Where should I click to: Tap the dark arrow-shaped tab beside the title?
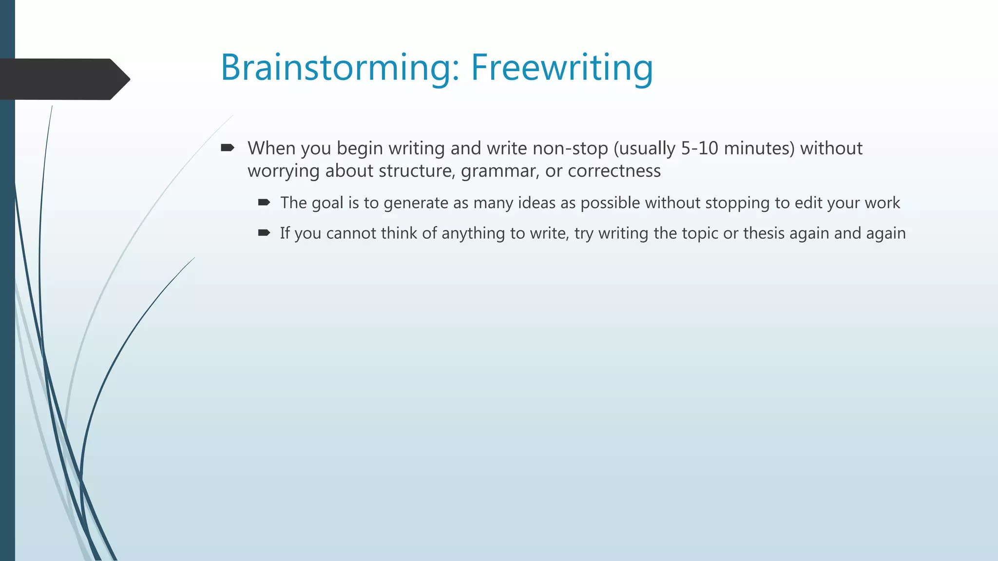[63, 79]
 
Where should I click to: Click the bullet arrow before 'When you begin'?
[227, 148]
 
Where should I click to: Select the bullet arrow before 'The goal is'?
[264, 203]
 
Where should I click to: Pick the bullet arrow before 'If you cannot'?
[264, 233]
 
